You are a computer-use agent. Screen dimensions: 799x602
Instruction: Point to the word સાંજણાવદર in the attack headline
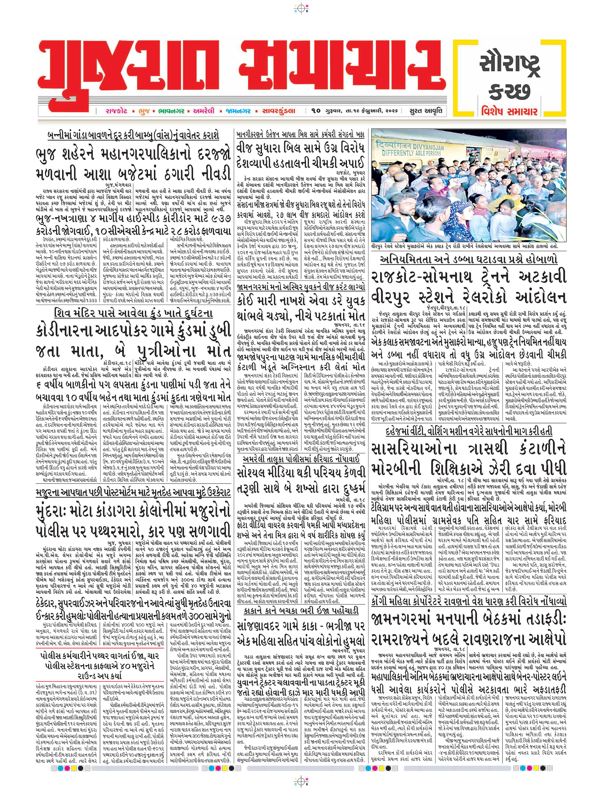click(x=262, y=627)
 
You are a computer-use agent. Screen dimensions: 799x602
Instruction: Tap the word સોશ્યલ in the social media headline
click(x=252, y=473)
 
